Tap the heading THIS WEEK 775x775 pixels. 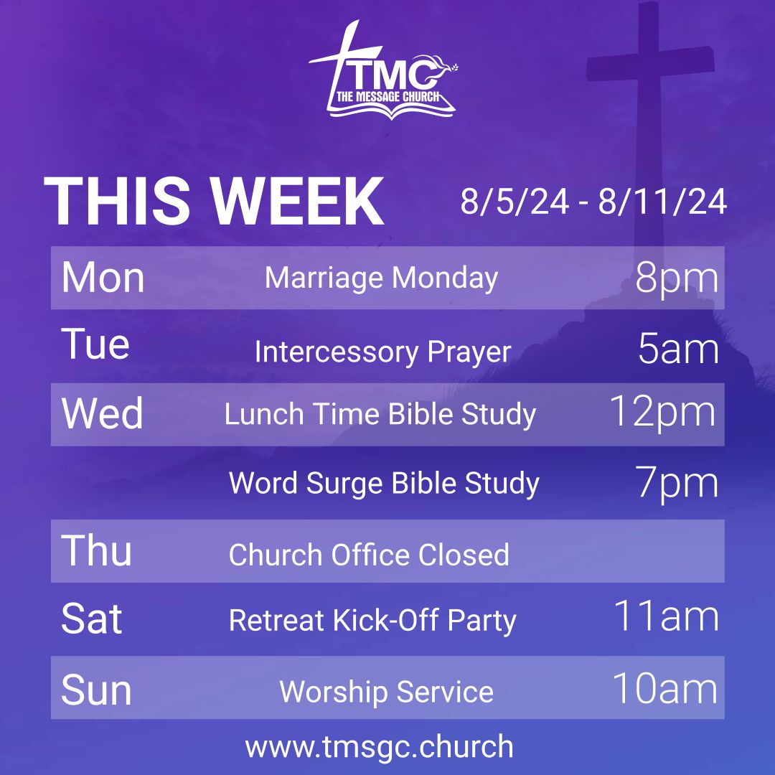pyautogui.click(x=214, y=202)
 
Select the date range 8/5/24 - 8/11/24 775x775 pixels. pyautogui.click(x=593, y=202)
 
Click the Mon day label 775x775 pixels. pyautogui.click(x=103, y=278)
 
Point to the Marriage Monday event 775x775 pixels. pyautogui.click(x=381, y=278)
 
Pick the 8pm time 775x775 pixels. pyautogui.click(x=677, y=278)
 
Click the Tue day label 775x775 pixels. pyautogui.click(x=95, y=344)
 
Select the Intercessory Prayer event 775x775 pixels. pyautogui.click(x=382, y=352)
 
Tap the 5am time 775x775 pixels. pyautogui.click(x=678, y=349)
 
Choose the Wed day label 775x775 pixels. pyautogui.click(x=103, y=414)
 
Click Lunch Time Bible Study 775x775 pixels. pyautogui.click(x=380, y=415)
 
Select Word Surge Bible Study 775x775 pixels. pyautogui.click(x=384, y=483)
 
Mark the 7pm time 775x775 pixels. pyautogui.click(x=677, y=483)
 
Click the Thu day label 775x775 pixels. pyautogui.click(x=97, y=551)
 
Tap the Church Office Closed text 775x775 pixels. pyautogui.click(x=369, y=555)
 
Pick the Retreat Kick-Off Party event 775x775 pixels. pyautogui.click(x=372, y=620)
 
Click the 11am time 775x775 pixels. pyautogui.click(x=665, y=616)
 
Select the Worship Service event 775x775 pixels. pyautogui.click(x=386, y=692)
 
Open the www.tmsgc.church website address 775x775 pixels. pyautogui.click(x=380, y=746)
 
